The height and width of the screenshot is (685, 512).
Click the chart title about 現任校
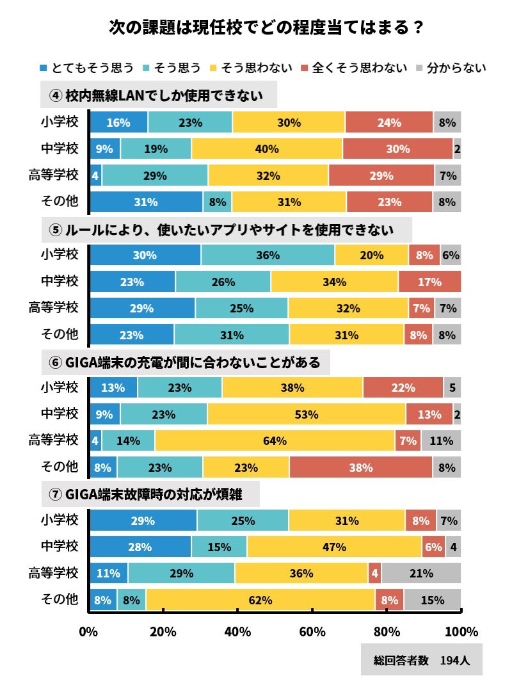coord(266,28)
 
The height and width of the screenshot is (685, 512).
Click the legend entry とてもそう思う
coord(86,67)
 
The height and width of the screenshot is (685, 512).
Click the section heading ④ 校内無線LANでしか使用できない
coord(158,96)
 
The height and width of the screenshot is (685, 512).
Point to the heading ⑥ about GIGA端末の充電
coord(185,362)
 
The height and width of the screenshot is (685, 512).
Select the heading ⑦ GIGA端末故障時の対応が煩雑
coord(150,496)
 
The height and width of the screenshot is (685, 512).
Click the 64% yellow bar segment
coord(275,440)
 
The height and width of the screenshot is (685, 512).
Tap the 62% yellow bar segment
coord(260,600)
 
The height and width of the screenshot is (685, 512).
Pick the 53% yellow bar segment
coord(307,414)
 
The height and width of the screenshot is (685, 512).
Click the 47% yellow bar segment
coord(334,547)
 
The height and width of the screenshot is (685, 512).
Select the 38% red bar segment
coord(360,467)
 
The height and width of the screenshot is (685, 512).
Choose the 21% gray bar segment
coord(421,574)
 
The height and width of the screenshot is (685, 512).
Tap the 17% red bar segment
coord(429,282)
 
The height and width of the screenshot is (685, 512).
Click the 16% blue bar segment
coord(119,122)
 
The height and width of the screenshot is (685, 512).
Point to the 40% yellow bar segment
coord(267,149)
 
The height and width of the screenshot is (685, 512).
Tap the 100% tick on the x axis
coord(461,632)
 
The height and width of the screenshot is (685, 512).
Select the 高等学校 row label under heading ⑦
coord(54,573)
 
